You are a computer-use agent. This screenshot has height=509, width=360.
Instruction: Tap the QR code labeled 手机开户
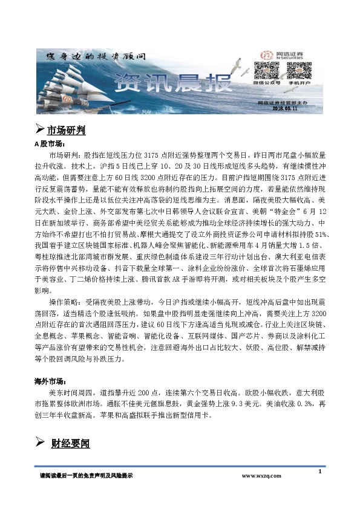coord(296,73)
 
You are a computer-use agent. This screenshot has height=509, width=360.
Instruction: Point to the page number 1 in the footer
coord(319,472)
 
